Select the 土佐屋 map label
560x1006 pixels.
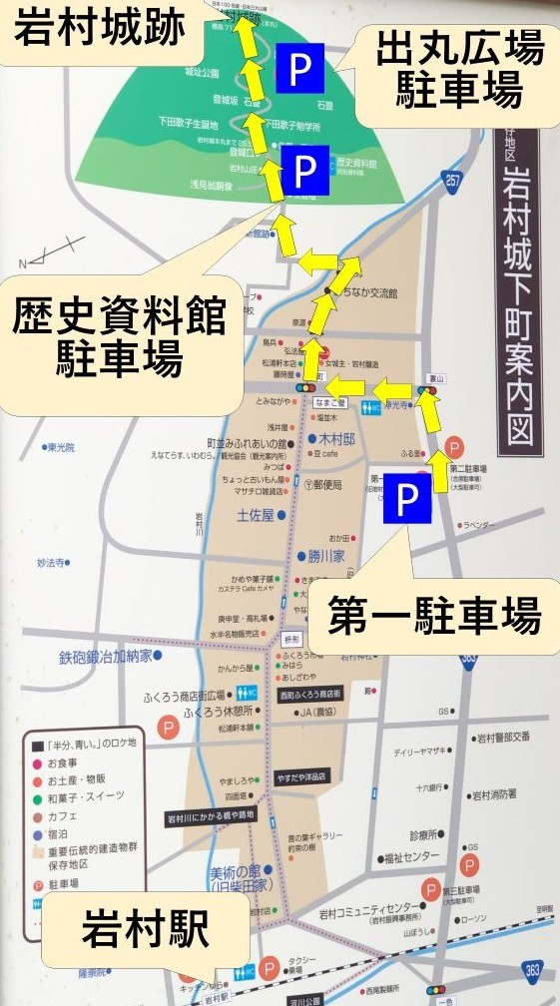pos(257,516)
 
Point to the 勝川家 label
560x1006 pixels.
pos(324,556)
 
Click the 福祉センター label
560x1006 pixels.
pos(408,857)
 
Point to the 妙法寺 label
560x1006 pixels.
pos(53,563)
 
